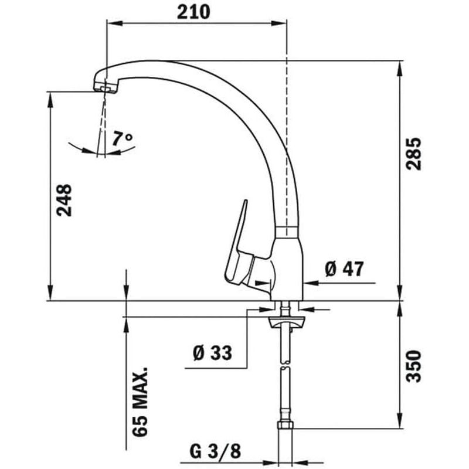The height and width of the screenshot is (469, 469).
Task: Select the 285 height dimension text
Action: click(x=414, y=154)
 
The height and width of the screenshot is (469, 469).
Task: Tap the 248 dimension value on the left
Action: click(x=64, y=200)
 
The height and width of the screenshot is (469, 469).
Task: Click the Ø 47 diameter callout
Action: click(x=344, y=269)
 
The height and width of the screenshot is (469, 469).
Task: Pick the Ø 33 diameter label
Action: click(x=212, y=353)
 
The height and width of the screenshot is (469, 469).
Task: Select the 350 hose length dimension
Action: click(x=414, y=366)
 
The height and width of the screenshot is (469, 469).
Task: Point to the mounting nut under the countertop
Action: click(x=286, y=321)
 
